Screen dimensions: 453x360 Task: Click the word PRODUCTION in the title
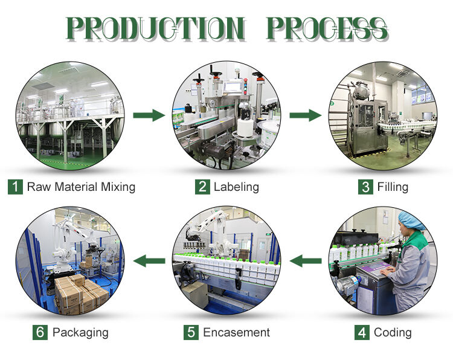tap(156, 28)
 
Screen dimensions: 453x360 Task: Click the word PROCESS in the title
tap(327, 28)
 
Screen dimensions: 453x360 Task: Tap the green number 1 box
tap(15, 187)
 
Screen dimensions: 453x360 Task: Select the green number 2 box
tap(202, 187)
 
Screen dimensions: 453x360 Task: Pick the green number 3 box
tap(365, 187)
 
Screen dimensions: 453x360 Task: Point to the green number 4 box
tap(362, 332)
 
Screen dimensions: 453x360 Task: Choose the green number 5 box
tap(191, 332)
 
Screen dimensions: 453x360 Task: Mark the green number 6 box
tap(40, 332)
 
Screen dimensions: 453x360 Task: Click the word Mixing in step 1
tap(118, 187)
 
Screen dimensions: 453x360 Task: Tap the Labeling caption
tap(236, 187)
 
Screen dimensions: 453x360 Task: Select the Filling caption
tap(393, 187)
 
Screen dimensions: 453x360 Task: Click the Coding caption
tap(393, 333)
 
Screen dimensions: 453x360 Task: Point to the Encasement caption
tap(236, 333)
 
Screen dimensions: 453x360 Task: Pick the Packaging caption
tap(80, 333)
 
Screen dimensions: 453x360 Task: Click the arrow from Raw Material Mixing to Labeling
tap(149, 115)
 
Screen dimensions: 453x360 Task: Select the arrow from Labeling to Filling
tap(306, 115)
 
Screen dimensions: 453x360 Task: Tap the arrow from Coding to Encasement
tap(306, 261)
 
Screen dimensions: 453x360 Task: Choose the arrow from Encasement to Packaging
tap(149, 261)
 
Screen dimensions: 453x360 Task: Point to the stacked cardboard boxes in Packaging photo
tap(82, 294)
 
